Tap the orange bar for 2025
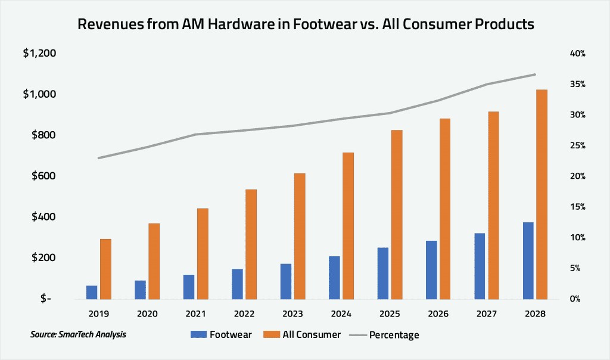coord(397,215)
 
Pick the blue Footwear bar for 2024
coord(334,278)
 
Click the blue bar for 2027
coord(480,266)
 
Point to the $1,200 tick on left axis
coord(39,54)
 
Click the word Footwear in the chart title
coord(322,25)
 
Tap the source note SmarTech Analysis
coord(78,334)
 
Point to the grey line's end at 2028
coord(535,75)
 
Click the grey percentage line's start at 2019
coord(98,158)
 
